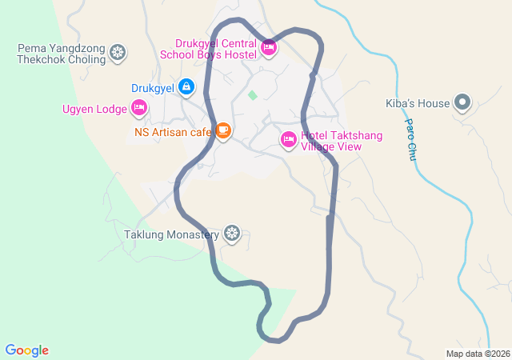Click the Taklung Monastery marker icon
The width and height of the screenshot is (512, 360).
point(232,233)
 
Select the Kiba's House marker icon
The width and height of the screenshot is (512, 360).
point(462,102)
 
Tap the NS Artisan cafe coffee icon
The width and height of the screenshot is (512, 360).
point(223,130)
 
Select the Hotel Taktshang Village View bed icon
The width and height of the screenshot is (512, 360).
point(289,140)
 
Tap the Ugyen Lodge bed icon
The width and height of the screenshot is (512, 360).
point(139,107)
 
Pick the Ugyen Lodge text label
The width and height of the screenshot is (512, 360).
point(95,109)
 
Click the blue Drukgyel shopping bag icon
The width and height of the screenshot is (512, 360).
point(186,85)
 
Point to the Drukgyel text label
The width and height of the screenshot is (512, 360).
point(151,87)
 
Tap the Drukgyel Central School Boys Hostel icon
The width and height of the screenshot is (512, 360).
point(269,49)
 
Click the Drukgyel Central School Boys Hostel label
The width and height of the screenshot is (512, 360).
point(208,49)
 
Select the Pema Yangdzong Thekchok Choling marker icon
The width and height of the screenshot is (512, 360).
point(118,54)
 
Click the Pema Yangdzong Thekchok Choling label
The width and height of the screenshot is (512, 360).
point(62,54)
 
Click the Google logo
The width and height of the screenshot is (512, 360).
point(26,350)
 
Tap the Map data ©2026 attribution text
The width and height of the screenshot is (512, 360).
point(477,354)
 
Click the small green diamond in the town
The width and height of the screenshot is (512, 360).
point(253,95)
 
